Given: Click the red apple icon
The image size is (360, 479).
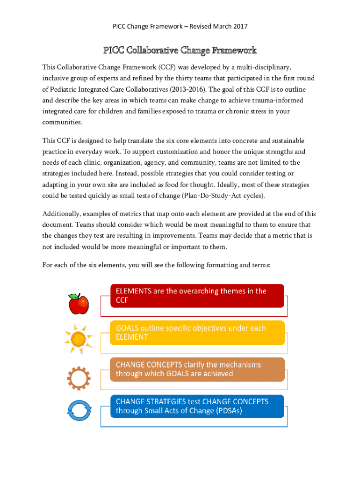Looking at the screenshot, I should (x=79, y=304).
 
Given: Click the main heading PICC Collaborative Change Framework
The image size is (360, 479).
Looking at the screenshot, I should (x=180, y=50).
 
